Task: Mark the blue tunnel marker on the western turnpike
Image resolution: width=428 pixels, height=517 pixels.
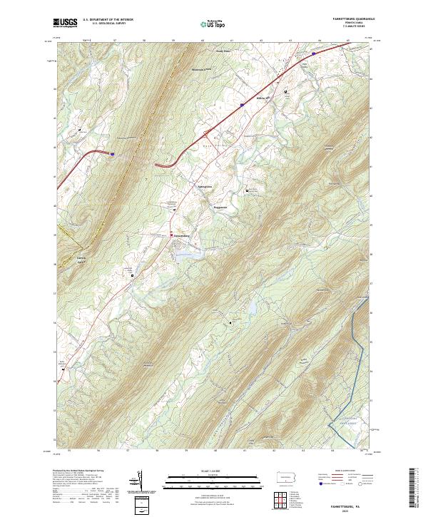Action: click(112, 152)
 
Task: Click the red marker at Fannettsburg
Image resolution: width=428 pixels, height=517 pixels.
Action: click(170, 235)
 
